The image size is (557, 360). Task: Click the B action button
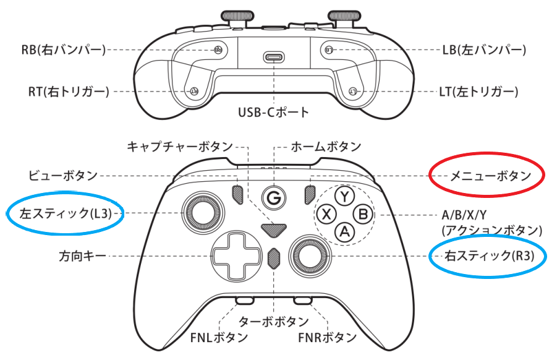(364, 214)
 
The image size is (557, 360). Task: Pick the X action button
(325, 214)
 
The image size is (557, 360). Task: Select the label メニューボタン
(488, 176)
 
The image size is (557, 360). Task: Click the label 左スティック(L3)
(66, 214)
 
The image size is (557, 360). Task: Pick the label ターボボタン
(273, 322)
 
